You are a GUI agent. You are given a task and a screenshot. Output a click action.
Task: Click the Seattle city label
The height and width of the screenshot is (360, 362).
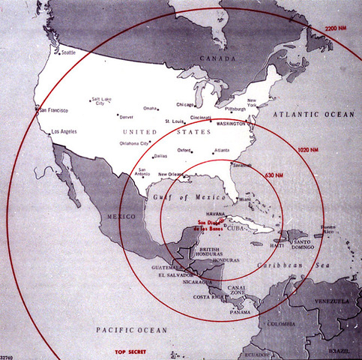tap(68, 52)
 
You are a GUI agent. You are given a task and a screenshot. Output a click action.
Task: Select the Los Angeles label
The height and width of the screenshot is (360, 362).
tap(62, 132)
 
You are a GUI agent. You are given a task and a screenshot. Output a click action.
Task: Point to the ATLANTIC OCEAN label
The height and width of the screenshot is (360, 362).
tap(315, 114)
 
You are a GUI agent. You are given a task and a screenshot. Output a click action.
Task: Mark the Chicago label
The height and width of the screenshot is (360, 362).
tap(184, 105)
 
